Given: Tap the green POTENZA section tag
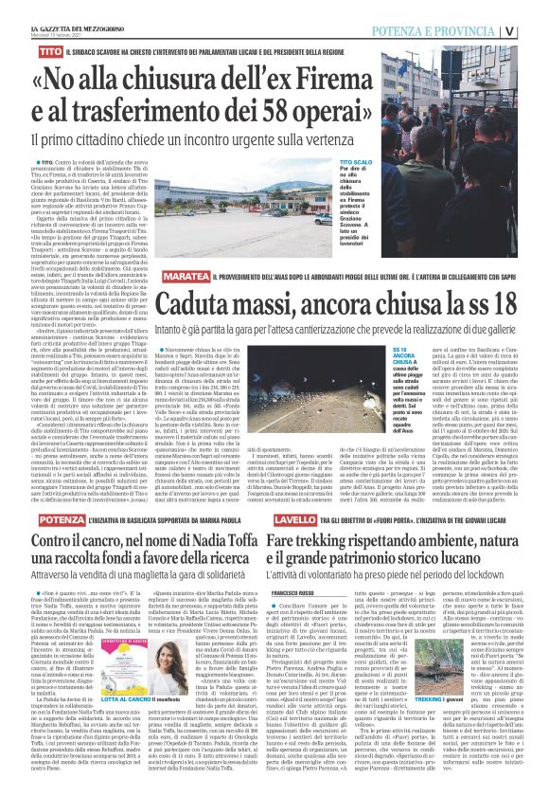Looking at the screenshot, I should [x=60, y=520].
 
